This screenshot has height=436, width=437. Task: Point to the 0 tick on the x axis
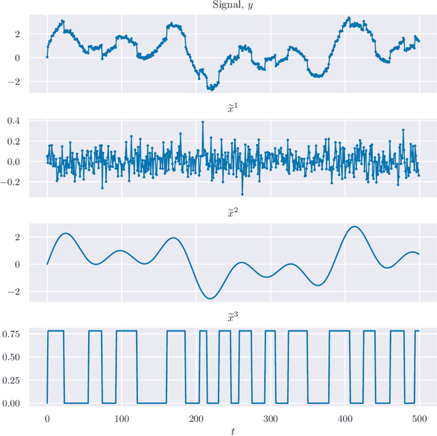click(47, 418)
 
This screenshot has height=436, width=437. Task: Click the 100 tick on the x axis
click(122, 418)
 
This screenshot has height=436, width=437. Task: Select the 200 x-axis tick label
click(196, 418)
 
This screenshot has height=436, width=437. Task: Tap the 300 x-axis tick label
click(271, 418)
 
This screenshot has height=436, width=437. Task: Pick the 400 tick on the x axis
click(346, 418)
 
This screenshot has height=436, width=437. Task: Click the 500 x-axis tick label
click(420, 418)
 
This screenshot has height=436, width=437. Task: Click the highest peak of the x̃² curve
click(353, 227)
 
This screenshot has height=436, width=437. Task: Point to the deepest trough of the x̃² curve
click(211, 298)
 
